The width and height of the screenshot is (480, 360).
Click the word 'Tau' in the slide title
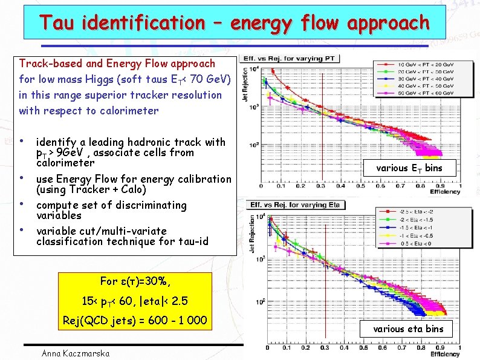56,23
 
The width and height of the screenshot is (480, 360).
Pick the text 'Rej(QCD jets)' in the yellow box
94,320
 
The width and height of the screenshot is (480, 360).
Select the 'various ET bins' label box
409,168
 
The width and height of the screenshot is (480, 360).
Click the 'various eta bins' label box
408,329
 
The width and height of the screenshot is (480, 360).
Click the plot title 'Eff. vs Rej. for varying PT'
291,59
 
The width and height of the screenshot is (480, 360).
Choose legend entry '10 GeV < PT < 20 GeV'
423,64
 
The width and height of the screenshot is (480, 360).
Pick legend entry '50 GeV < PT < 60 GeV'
423,93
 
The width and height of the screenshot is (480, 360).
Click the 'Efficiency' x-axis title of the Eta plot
446,354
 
